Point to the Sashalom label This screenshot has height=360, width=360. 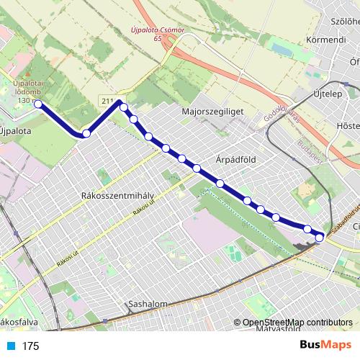pos(146,304)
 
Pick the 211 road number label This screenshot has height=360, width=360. pos(109,100)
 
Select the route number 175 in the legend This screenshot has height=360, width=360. pos(30,346)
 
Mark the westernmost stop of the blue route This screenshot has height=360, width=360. pos(39,104)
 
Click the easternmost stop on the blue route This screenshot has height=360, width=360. pos(320,236)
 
